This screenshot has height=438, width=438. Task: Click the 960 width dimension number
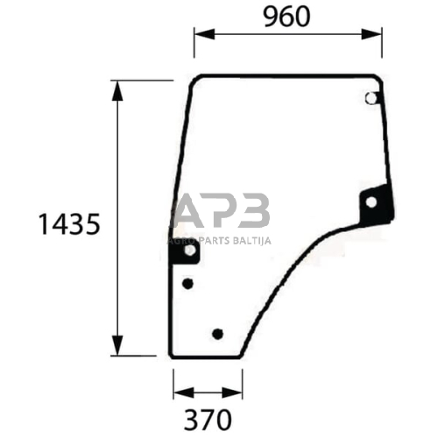[x=286, y=17]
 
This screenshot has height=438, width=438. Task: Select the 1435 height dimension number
[x=69, y=224]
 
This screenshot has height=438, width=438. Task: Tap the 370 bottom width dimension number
[x=208, y=420]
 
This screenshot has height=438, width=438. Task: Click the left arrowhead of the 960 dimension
[x=204, y=34]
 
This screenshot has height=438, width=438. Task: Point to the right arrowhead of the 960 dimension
[x=371, y=34]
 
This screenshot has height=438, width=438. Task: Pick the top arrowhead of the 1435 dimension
[x=117, y=91]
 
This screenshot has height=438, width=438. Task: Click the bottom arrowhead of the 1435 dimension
[x=117, y=345]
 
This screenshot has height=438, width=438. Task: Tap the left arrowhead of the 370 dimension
[x=184, y=392]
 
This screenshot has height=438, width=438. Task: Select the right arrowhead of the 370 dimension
[x=232, y=392]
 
